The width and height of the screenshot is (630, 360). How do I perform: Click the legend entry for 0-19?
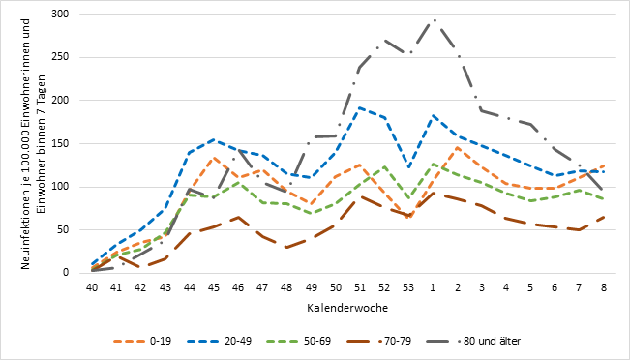click(x=142, y=341)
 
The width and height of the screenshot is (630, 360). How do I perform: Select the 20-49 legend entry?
click(x=219, y=341)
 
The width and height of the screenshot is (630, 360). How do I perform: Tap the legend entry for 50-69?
click(x=298, y=341)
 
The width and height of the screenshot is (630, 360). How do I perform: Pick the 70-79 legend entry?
click(x=378, y=341)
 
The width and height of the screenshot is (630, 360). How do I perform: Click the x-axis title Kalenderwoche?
click(x=347, y=308)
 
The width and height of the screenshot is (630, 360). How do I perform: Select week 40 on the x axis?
click(x=92, y=287)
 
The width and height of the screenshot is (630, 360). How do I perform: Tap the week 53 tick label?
click(x=408, y=287)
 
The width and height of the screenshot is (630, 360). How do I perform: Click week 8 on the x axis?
click(x=604, y=287)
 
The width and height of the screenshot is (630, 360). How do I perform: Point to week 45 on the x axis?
click(x=214, y=287)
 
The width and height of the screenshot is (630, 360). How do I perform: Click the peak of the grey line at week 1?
click(x=434, y=19)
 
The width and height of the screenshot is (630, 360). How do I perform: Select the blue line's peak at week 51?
click(x=360, y=107)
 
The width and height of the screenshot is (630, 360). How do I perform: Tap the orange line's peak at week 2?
click(x=457, y=147)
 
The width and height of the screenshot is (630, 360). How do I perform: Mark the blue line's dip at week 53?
click(x=408, y=167)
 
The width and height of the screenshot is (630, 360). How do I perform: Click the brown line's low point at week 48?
click(x=286, y=248)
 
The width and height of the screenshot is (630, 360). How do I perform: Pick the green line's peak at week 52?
click(x=384, y=166)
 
